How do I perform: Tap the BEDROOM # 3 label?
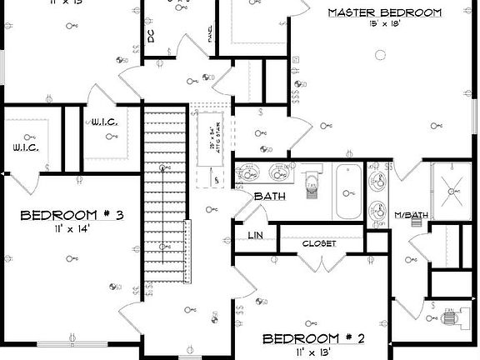(x=72, y=215)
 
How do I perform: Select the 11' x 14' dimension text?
(x=72, y=227)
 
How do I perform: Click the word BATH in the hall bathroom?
(x=269, y=196)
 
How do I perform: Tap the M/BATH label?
(x=412, y=216)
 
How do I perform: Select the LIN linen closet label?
(x=256, y=236)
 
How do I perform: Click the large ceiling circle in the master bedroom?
(x=381, y=57)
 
